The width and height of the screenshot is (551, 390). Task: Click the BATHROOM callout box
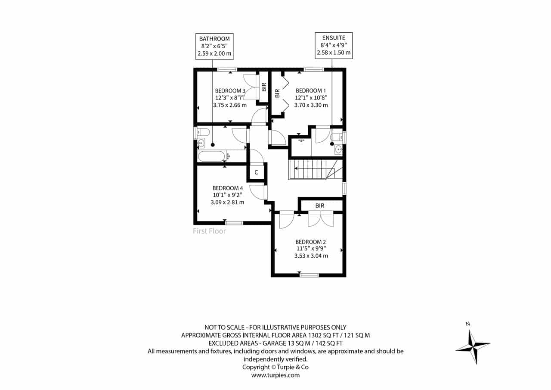tap(214, 46)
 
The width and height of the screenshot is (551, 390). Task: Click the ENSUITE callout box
tap(334, 46)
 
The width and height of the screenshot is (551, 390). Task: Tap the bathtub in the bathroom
tap(211, 156)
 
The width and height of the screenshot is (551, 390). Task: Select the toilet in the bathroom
tap(204, 132)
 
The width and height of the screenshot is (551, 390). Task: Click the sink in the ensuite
tap(338, 149)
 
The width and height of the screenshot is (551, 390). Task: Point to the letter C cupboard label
tap(256, 172)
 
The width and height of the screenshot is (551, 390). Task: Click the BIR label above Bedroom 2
tap(320, 206)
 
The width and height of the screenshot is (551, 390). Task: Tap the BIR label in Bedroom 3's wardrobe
tap(264, 87)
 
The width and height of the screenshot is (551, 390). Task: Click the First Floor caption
tap(209, 231)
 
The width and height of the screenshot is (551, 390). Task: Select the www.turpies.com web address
tap(275, 375)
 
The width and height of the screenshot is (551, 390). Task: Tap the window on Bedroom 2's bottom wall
tap(309, 275)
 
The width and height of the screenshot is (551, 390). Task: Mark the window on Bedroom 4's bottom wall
tap(234, 223)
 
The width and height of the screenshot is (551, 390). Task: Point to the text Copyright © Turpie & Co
tap(275, 367)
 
